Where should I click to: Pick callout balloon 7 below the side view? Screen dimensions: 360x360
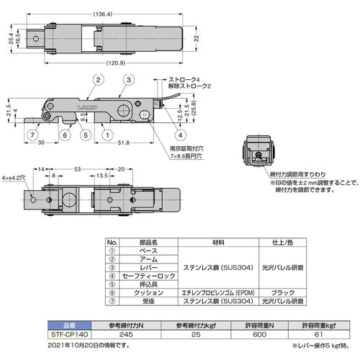pos(34,135)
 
